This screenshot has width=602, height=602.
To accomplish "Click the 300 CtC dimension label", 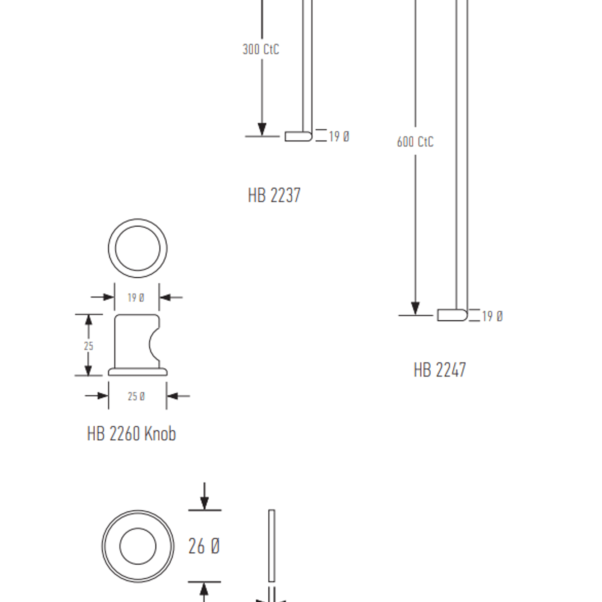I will pos(261,49).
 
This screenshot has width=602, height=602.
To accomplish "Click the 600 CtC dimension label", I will pos(415,142).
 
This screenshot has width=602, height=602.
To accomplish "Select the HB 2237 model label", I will pos(274,195).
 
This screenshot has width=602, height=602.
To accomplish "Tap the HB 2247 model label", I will pos(440,370).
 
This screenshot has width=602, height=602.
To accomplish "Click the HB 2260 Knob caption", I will pos(131,434).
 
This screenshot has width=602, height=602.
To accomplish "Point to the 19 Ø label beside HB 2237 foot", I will pos(339,136).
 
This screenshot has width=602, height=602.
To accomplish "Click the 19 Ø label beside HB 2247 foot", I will pos(492,316).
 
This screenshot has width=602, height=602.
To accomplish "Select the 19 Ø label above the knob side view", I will pos(136,298).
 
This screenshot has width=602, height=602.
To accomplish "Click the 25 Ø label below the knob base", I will pos(136,396).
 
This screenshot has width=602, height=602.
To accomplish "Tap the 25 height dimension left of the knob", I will pos(88,346).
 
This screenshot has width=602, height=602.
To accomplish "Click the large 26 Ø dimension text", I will pos(204,546).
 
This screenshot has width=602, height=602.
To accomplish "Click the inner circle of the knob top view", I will pos(138,248).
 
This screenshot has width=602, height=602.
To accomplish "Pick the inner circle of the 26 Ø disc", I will pos(138,546).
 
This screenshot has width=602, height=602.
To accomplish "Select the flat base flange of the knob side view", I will pos(138,372).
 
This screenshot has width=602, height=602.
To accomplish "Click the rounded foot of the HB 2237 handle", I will pos(298,136).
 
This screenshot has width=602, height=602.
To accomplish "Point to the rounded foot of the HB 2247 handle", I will pos(452,315).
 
